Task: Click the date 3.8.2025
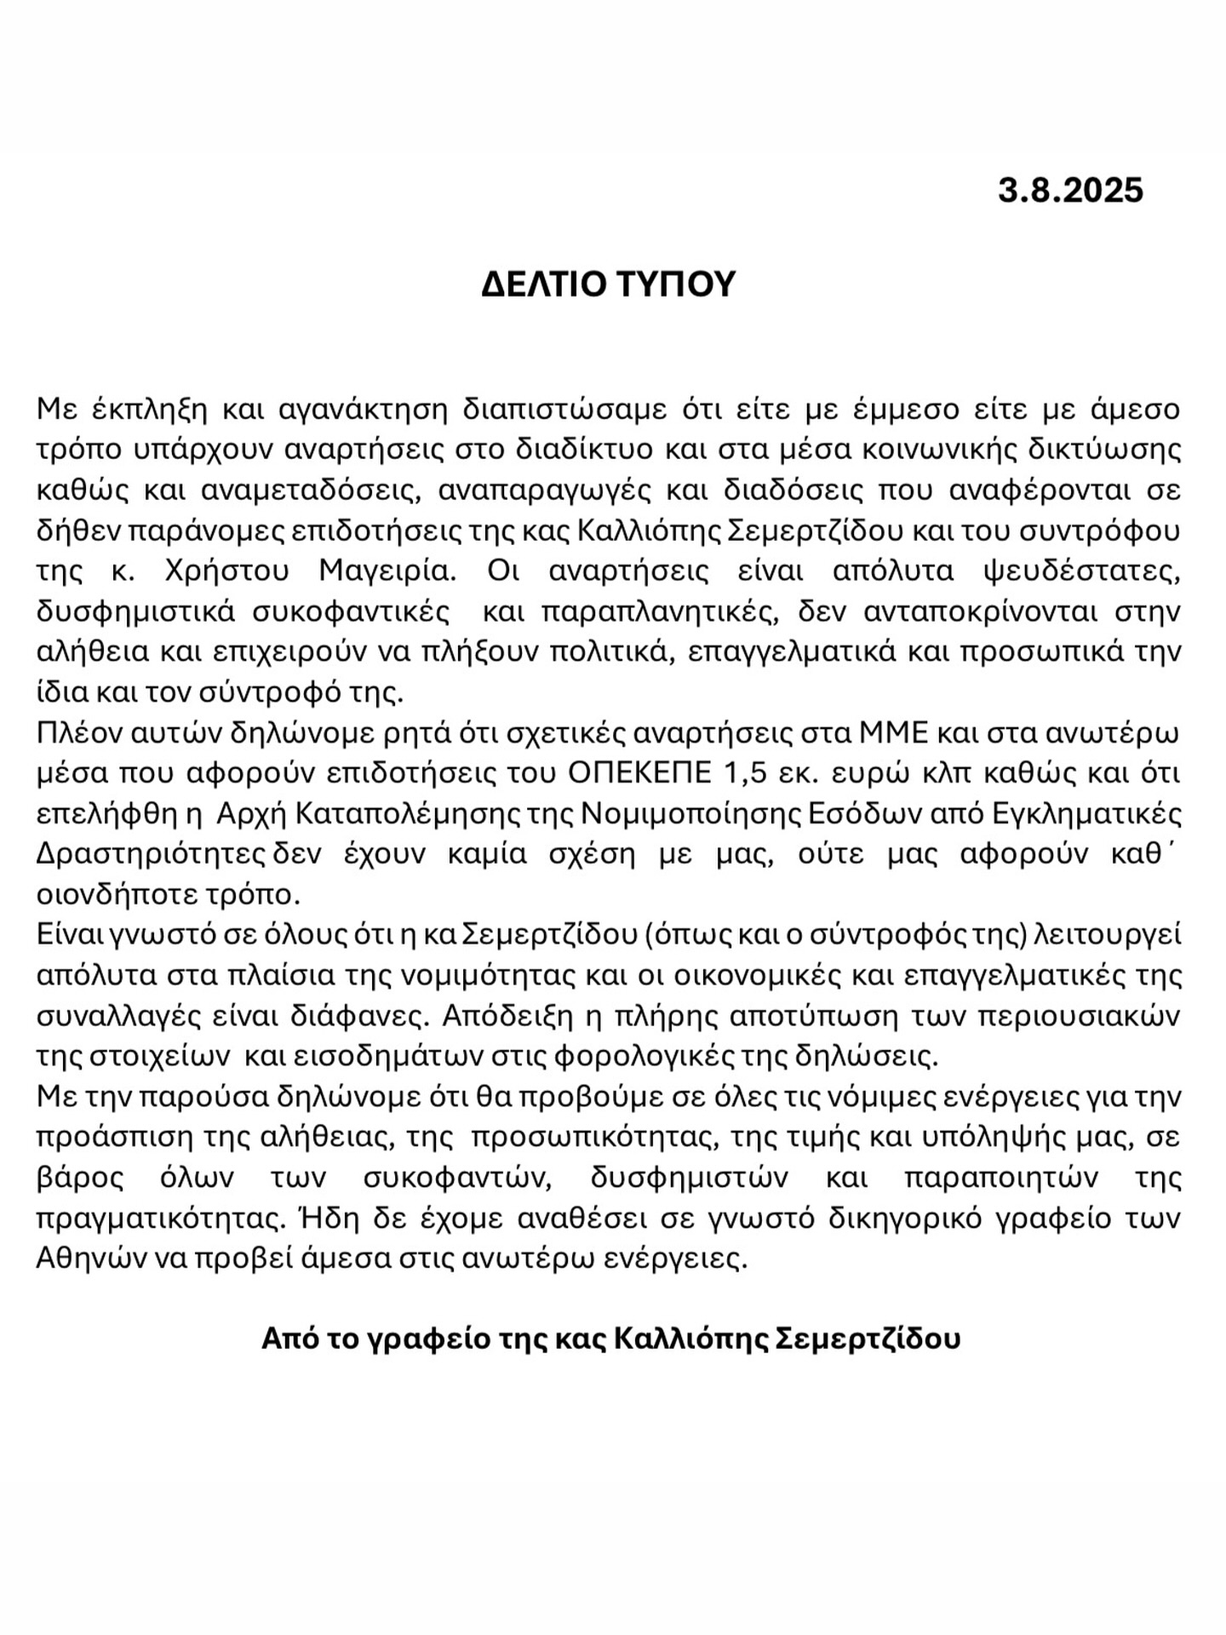tap(1070, 190)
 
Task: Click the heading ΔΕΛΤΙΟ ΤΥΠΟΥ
tap(608, 284)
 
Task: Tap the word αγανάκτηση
tap(364, 409)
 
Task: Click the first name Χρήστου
tap(226, 571)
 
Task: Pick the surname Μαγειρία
tap(388, 571)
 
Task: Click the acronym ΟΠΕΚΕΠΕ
tap(639, 773)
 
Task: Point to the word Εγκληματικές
tap(1088, 814)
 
